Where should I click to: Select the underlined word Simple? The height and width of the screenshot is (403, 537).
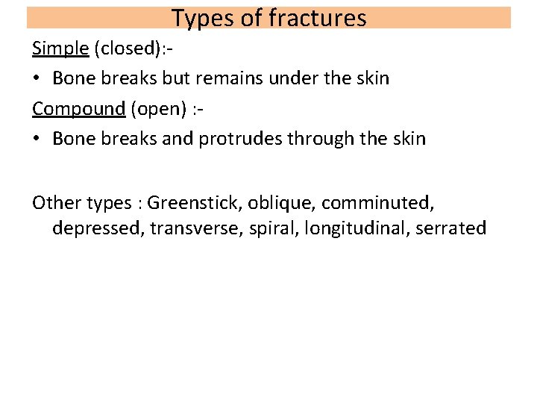[x=59, y=49]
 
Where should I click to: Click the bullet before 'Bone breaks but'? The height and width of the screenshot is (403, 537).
[x=36, y=78]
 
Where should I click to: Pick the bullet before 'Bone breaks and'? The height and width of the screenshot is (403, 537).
[x=36, y=138]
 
